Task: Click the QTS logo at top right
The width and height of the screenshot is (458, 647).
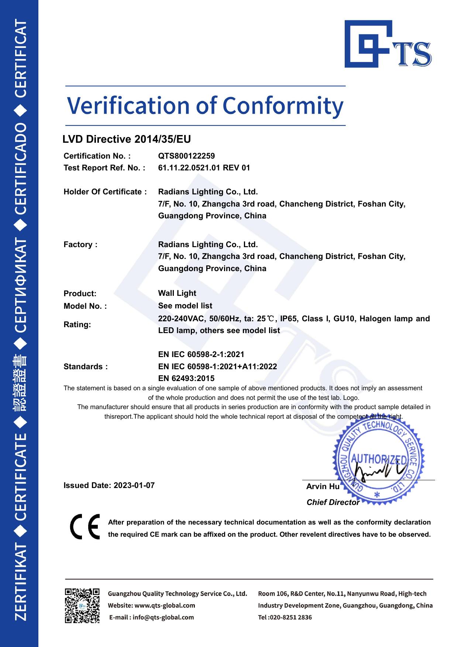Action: pyautogui.click(x=388, y=44)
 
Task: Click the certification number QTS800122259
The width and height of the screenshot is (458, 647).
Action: pyautogui.click(x=186, y=156)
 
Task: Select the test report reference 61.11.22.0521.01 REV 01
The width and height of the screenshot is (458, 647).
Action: pyautogui.click(x=204, y=168)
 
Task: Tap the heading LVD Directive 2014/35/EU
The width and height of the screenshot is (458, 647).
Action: pyautogui.click(x=127, y=139)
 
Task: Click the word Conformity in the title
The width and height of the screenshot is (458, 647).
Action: pyautogui.click(x=283, y=106)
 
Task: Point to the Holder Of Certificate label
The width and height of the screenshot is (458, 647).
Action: pyautogui.click(x=105, y=192)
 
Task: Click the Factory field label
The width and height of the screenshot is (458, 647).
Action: pyautogui.click(x=80, y=245)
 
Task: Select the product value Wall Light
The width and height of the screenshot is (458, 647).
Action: pyautogui.click(x=177, y=293)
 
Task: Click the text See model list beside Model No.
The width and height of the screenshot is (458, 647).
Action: pyautogui.click(x=185, y=306)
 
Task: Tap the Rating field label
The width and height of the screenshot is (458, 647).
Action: pyautogui.click(x=77, y=325)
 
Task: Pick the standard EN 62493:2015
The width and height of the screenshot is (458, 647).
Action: pyautogui.click(x=186, y=378)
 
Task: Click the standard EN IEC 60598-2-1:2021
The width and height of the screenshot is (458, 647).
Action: pyautogui.click(x=201, y=354)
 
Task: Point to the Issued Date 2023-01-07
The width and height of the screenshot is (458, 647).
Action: pyautogui.click(x=109, y=485)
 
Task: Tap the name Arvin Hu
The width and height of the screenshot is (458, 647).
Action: pyautogui.click(x=323, y=487)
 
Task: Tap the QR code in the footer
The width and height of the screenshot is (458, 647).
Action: pyautogui.click(x=82, y=606)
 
